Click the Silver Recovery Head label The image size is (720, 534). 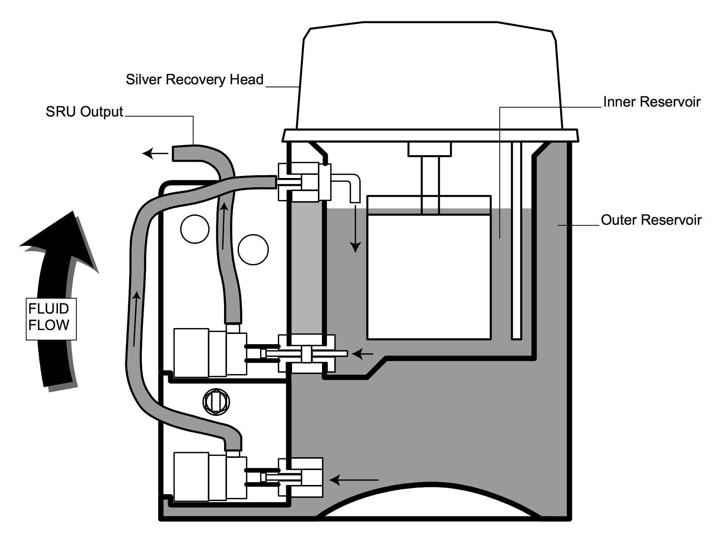coord(194,79)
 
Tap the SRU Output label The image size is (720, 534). coord(84,112)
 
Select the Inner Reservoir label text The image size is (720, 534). coord(652,102)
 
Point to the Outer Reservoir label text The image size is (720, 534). coord(651,220)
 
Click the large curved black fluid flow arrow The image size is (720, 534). coord(58,293)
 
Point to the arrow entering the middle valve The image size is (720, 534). coord(362,354)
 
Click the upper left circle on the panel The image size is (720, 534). coord(195,229)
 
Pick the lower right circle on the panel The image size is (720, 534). coord(253,249)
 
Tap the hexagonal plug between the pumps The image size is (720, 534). coord(216,402)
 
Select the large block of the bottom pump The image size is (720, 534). coord(191,477)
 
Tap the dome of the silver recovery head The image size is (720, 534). coord(429,77)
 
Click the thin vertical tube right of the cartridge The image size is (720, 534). coord(516,241)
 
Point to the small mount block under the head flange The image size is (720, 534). coord(429,149)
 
